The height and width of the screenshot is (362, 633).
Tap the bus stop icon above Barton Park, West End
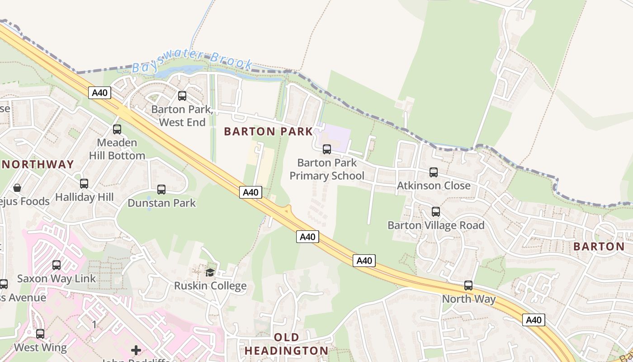[182, 96]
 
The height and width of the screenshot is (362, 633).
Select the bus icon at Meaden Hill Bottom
[117, 129]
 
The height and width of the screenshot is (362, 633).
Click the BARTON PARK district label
[268, 132]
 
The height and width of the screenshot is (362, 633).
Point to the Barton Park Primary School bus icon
[326, 149]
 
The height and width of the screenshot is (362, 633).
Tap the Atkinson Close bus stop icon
[433, 172]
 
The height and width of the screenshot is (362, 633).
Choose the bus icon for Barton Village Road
[435, 212]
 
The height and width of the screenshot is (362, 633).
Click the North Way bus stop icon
[468, 286]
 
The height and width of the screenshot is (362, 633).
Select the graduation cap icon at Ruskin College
[210, 272]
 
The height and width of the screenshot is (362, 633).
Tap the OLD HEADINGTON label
[286, 344]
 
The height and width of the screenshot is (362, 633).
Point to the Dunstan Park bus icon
[161, 190]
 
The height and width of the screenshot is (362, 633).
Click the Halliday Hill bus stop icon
[84, 184]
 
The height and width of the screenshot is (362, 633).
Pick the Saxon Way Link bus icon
[57, 265]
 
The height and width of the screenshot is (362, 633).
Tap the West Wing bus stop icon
[40, 334]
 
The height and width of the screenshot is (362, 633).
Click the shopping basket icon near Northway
[17, 187]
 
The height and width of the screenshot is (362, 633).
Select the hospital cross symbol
[136, 350]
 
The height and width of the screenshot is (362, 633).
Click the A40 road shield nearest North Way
[534, 320]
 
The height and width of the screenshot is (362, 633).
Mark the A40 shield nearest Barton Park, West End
[99, 93]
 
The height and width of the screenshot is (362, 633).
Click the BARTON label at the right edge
[599, 247]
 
